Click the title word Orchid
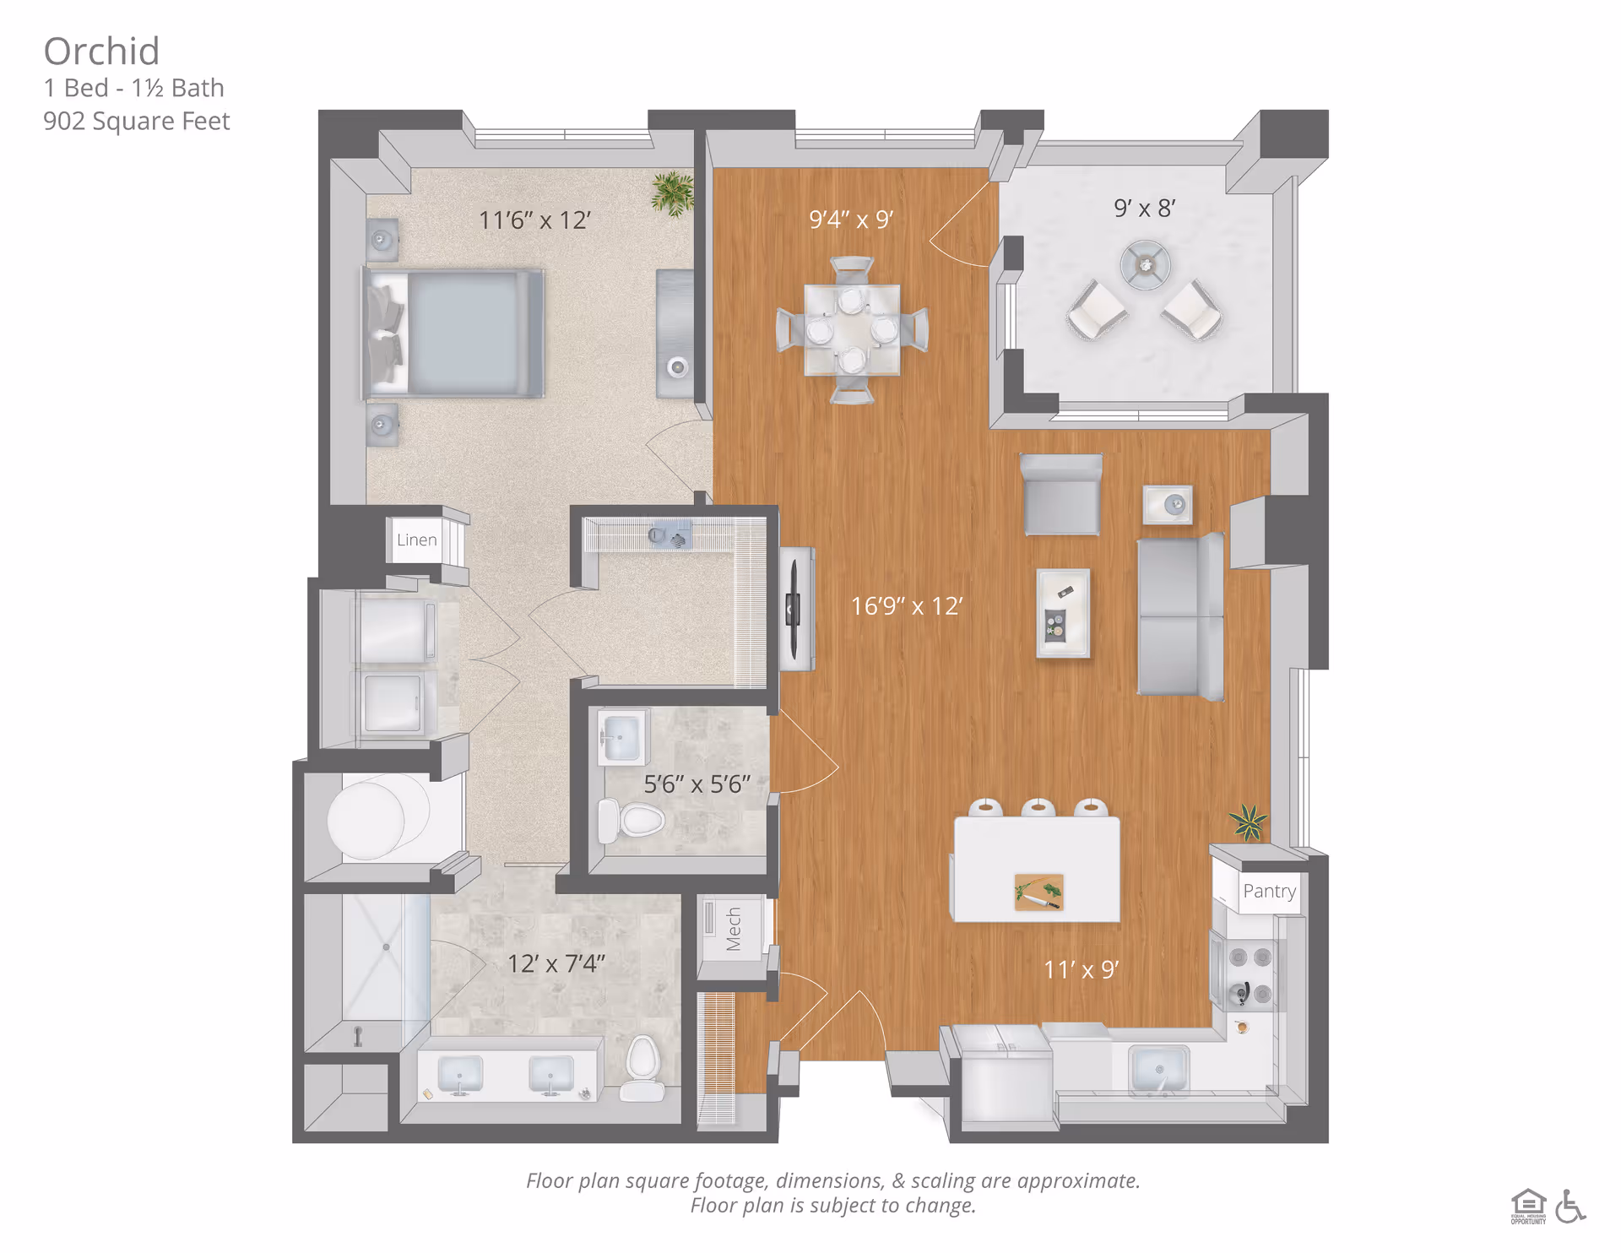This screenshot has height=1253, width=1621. (101, 52)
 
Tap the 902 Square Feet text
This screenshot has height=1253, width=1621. (136, 122)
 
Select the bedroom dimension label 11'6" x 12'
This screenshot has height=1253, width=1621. (534, 220)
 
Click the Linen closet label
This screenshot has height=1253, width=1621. (417, 540)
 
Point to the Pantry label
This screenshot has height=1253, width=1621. (1269, 892)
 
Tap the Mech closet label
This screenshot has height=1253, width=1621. (733, 929)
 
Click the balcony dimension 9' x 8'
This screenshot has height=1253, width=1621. (1144, 208)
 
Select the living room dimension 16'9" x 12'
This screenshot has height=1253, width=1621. (907, 606)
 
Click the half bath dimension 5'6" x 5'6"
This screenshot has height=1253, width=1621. (697, 784)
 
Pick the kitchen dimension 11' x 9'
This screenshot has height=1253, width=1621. (1081, 969)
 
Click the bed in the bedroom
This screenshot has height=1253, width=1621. (456, 333)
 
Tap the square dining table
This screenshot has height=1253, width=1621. (852, 330)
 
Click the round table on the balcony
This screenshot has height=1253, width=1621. (1145, 265)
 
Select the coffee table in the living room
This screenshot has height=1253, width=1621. (1063, 613)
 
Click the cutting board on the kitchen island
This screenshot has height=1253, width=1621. (1038, 892)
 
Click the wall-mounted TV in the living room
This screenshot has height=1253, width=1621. (794, 608)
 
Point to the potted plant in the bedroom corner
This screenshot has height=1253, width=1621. (673, 193)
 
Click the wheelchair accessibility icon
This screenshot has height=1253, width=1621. (1569, 1206)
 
